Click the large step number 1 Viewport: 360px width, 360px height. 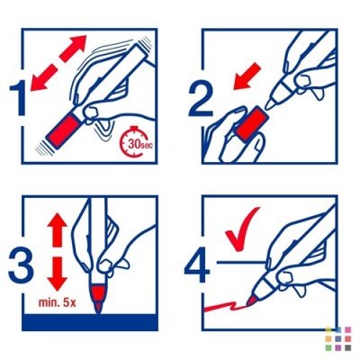pos(20,99)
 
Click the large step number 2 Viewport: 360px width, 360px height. pos(201,100)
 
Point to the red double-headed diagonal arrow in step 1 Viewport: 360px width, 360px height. pos(58,63)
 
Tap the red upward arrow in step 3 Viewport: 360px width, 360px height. pos(58,230)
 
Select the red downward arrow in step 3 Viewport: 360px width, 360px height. pos(58,274)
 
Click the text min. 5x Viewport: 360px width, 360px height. pos(57,302)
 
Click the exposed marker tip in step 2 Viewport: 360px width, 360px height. pos(270,103)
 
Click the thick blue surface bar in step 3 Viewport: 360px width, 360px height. pos(90,322)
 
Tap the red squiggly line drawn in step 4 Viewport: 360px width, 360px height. pos(225,308)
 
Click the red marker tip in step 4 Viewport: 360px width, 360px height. pos(251,300)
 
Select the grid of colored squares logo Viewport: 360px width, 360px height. pos(338,338)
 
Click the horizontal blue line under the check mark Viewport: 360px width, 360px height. pos(241,263)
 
